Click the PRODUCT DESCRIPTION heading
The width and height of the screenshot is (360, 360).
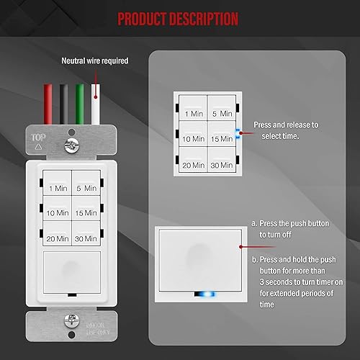(178, 18)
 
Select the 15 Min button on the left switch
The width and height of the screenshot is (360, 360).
(86, 213)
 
